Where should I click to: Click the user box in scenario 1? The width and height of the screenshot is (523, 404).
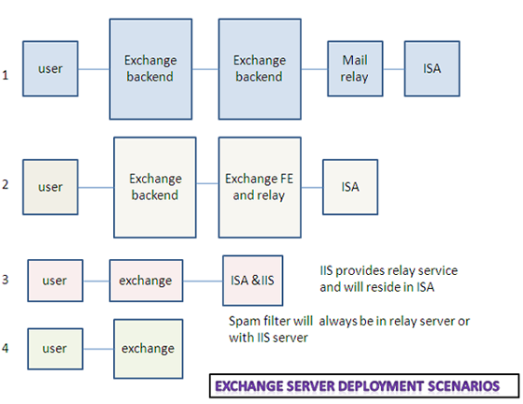(50, 69)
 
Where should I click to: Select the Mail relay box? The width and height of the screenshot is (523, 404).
(355, 69)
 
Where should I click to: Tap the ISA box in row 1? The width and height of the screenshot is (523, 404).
(432, 69)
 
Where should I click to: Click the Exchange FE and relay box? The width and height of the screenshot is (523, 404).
(260, 187)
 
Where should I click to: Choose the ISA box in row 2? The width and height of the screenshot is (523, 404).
(350, 187)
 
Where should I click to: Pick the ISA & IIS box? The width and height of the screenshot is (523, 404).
(253, 281)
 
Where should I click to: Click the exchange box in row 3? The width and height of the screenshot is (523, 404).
(146, 281)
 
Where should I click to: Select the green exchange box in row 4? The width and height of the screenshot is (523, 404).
(148, 349)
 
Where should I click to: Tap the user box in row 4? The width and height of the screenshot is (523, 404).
(55, 349)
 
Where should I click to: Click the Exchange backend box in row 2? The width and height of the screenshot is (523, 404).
(155, 187)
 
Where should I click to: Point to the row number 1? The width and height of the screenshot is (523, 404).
(6, 75)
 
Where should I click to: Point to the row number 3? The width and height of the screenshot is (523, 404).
(5, 280)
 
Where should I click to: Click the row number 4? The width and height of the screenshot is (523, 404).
(5, 348)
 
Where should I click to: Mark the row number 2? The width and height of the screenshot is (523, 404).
(5, 184)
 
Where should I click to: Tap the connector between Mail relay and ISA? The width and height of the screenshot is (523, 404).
(394, 69)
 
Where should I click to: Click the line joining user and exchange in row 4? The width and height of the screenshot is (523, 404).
(98, 349)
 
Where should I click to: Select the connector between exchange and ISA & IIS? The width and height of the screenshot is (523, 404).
(203, 281)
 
